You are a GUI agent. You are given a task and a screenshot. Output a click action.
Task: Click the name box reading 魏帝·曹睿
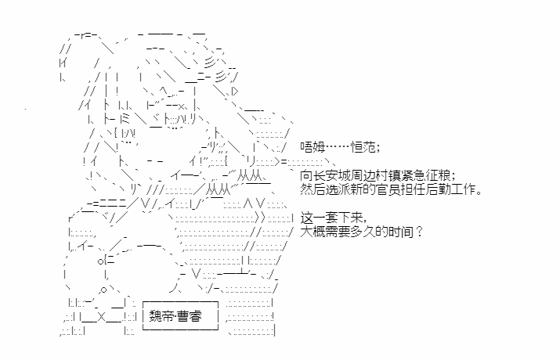point(180,315)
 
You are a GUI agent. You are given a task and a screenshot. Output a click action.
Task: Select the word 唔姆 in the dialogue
point(313,146)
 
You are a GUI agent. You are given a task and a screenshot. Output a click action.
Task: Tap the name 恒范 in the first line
point(363,146)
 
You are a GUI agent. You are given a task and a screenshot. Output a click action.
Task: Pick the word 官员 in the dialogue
point(388,189)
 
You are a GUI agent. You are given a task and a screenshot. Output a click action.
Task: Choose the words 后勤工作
point(450,189)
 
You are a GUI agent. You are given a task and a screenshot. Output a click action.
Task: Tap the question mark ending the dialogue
point(419,232)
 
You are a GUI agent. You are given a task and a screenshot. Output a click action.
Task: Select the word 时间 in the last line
point(401,232)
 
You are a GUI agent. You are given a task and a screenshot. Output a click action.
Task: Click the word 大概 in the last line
point(313,232)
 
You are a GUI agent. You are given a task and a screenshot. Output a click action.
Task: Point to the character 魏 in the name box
point(155,315)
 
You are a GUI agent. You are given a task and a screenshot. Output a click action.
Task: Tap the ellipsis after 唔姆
point(338,146)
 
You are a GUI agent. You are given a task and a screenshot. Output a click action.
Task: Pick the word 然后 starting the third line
point(313,189)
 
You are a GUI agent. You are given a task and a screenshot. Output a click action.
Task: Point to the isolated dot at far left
point(25,109)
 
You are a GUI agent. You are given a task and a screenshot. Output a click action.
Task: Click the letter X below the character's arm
point(101,317)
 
